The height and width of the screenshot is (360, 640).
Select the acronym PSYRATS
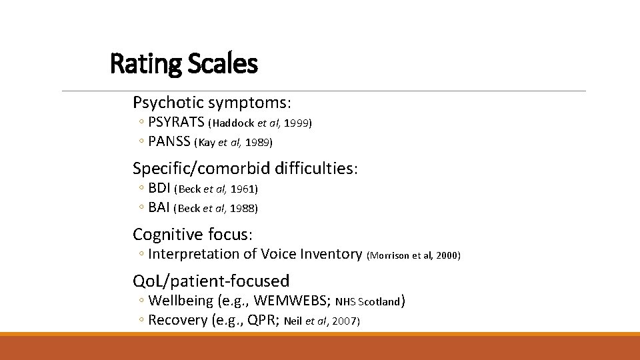click(x=177, y=123)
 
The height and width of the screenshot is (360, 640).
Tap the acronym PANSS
click(x=169, y=141)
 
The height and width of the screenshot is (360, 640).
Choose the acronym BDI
click(x=159, y=189)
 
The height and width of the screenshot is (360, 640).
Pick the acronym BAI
click(x=159, y=207)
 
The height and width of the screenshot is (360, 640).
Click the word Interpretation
click(x=193, y=254)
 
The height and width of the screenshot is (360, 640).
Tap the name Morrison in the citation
click(x=389, y=255)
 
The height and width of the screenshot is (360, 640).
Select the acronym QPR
click(x=263, y=320)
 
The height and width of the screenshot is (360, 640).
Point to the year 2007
click(x=345, y=321)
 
